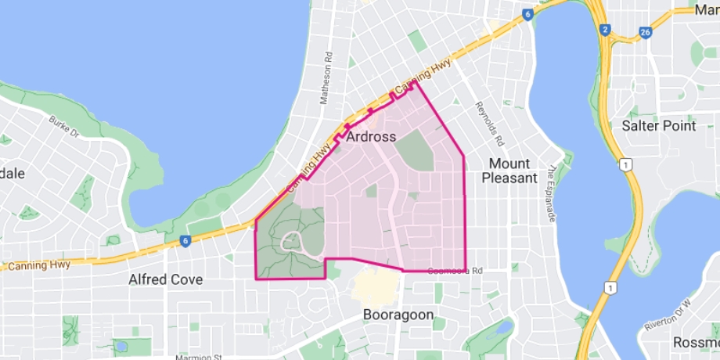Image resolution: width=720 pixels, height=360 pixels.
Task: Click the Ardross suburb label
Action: pyautogui.click(x=371, y=137)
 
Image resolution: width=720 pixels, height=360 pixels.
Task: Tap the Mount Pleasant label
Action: pyautogui.click(x=509, y=171)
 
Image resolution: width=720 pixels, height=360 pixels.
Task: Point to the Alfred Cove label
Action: pyautogui.click(x=165, y=279)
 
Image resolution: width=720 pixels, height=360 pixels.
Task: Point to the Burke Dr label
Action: pyautogui.click(x=64, y=126)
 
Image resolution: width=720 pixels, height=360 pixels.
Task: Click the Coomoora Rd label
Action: pyautogui.click(x=455, y=271)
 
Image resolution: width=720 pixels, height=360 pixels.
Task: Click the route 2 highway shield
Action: pyautogui.click(x=605, y=29)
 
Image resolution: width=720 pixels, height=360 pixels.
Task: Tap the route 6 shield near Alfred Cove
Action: pyautogui.click(x=184, y=241)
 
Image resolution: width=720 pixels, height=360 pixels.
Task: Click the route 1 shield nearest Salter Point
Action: pyautogui.click(x=624, y=164)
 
